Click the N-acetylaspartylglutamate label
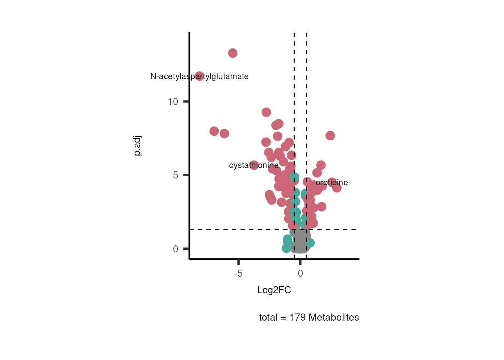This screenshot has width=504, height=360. pyautogui.click(x=199, y=76)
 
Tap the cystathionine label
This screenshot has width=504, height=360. pyautogui.click(x=253, y=165)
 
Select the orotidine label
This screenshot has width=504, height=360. pyautogui.click(x=332, y=183)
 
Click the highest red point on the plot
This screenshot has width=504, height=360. pyautogui.click(x=232, y=53)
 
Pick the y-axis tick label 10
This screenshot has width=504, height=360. pyautogui.click(x=173, y=102)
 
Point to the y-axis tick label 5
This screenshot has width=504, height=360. pyautogui.click(x=175, y=175)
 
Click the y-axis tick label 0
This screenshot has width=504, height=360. pyautogui.click(x=175, y=249)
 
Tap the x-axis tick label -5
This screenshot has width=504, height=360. pyautogui.click(x=238, y=273)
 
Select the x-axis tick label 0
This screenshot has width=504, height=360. pyautogui.click(x=300, y=273)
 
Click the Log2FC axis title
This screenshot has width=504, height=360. pyautogui.click(x=274, y=290)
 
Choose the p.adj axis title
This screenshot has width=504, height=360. pyautogui.click(x=137, y=146)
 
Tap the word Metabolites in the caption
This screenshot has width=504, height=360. pyautogui.click(x=334, y=318)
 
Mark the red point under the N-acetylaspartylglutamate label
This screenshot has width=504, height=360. pyautogui.click(x=199, y=76)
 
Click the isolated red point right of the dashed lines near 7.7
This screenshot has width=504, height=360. pyautogui.click(x=330, y=136)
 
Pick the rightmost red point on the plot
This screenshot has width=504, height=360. pyautogui.click(x=337, y=187)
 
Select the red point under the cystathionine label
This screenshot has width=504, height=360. pyautogui.click(x=254, y=165)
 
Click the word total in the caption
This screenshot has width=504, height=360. pyautogui.click(x=268, y=318)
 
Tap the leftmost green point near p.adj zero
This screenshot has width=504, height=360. pyautogui.click(x=286, y=248)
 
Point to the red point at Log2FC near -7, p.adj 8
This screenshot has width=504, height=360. pyautogui.click(x=214, y=131)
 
